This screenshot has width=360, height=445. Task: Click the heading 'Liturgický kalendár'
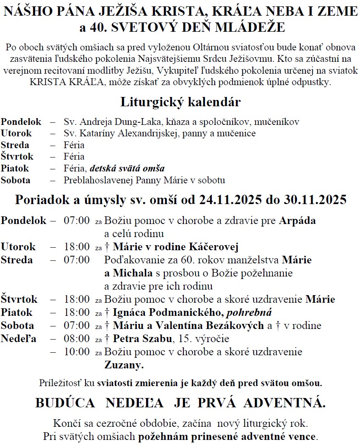point(180,102)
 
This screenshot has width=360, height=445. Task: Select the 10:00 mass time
point(77,352)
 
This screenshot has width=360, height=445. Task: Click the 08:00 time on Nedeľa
point(77,339)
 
